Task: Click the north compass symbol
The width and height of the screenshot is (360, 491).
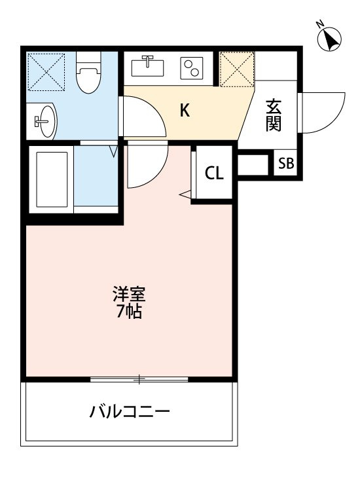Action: pyautogui.click(x=329, y=39)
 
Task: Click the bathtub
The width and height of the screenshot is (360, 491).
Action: pyautogui.click(x=52, y=180)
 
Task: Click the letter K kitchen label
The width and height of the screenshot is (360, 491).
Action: pyautogui.click(x=185, y=110)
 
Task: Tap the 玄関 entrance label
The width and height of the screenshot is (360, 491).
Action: pyautogui.click(x=274, y=115)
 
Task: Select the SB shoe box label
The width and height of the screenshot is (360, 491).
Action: pyautogui.click(x=286, y=164)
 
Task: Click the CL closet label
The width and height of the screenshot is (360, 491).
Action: pyautogui.click(x=214, y=173)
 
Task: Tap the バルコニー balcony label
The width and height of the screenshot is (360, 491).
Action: pyautogui.click(x=130, y=412)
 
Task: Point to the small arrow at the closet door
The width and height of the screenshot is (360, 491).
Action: pyautogui.click(x=185, y=194)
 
